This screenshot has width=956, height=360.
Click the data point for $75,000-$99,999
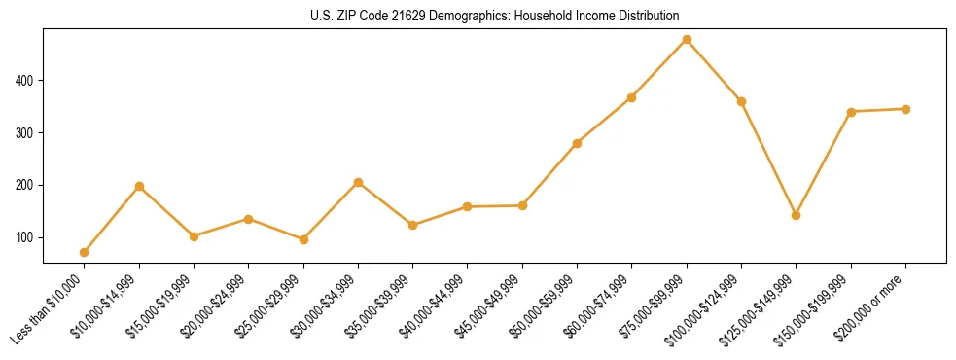click(687, 40)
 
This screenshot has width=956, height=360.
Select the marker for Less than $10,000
click(85, 252)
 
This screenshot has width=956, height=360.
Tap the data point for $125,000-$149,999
click(797, 215)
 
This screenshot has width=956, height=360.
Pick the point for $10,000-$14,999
click(139, 186)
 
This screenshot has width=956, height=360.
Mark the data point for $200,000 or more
click(905, 109)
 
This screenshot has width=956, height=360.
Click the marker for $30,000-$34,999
click(358, 183)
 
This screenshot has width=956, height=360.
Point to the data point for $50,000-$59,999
click(577, 143)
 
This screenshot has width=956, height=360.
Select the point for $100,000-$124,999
click(741, 101)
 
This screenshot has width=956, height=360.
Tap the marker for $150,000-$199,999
click(851, 112)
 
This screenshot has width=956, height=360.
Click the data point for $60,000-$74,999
click(632, 97)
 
